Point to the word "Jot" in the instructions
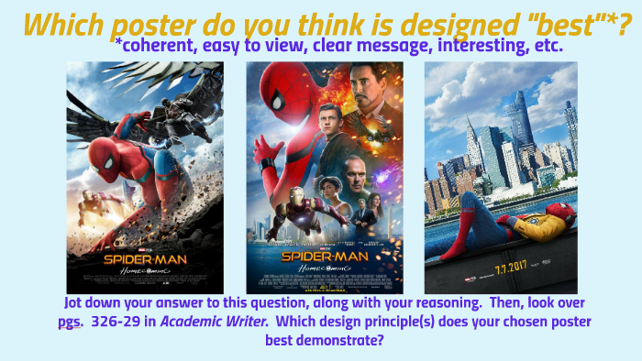point(78,303)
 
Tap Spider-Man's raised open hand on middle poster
point(265,149)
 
